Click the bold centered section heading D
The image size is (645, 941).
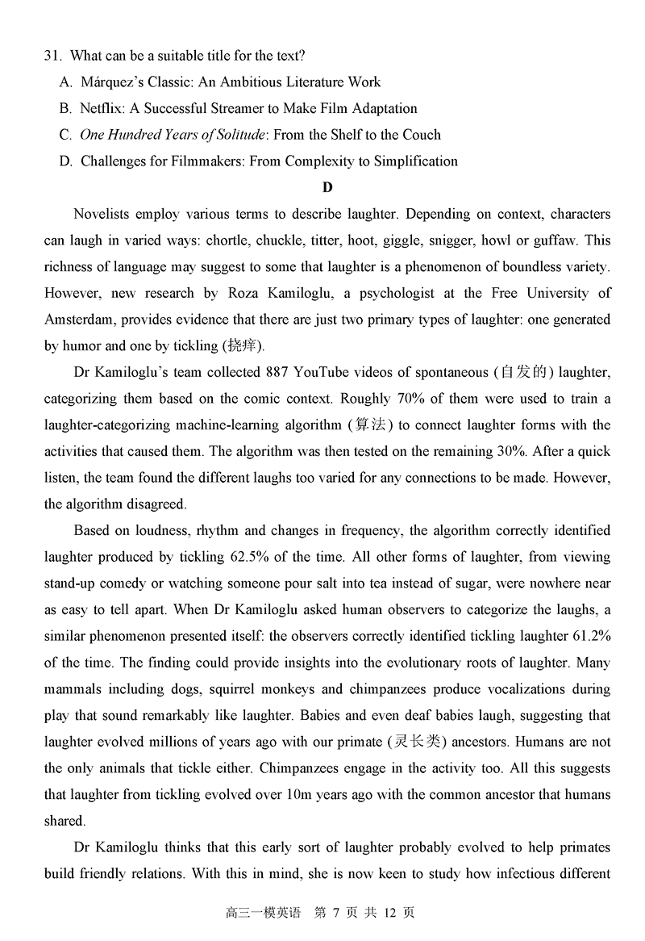(327, 188)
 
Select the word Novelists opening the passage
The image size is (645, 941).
(102, 215)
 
